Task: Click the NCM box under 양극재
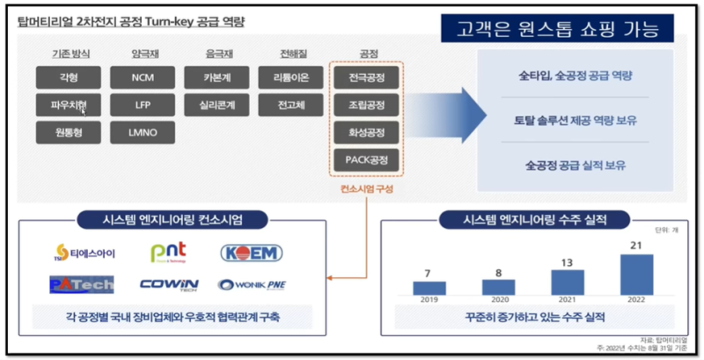142,77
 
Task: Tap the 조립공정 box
367,106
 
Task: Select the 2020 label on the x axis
500,300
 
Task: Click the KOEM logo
251,253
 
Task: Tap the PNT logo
168,253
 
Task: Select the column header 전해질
291,53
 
